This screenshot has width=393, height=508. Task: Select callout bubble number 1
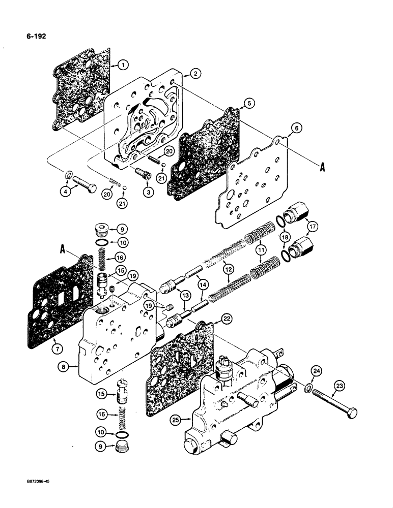[123, 65]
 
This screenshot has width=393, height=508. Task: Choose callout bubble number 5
[248, 103]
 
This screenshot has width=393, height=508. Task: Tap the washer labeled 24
[310, 389]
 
